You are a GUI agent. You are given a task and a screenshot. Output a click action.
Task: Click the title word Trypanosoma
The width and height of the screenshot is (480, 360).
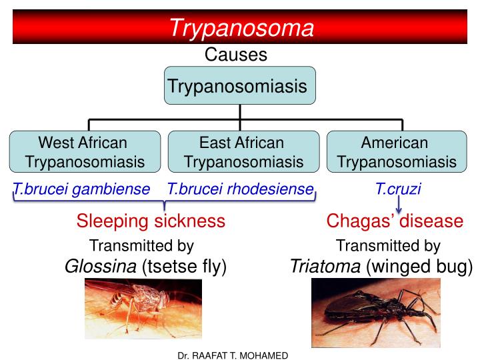tap(241, 28)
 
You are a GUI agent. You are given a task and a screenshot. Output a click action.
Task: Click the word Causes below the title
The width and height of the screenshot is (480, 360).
tap(236, 55)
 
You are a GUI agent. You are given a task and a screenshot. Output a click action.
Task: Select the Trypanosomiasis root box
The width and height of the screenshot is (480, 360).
tap(239, 86)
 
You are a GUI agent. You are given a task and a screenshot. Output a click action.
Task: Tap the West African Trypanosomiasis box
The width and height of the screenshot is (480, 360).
tap(85, 152)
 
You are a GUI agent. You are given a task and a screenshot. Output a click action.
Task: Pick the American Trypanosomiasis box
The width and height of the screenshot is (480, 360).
tap(397, 152)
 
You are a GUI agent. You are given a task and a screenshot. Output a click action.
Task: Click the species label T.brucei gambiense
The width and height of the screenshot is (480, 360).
tap(82, 189)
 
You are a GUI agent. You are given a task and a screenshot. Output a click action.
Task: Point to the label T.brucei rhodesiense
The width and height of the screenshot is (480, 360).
tap(241, 189)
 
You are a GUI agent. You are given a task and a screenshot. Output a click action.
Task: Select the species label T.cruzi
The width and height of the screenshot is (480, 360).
tap(399, 189)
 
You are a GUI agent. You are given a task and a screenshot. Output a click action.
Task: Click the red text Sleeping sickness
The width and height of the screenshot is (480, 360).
tap(151, 221)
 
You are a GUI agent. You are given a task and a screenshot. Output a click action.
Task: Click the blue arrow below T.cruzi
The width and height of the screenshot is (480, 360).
tap(399, 208)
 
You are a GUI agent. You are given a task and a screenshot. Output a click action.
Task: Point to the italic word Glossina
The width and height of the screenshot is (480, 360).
tap(101, 267)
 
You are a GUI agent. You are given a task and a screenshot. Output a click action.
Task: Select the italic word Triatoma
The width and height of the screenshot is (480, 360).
tap(325, 267)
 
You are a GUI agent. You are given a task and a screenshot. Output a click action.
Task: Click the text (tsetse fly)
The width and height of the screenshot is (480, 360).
tap(184, 267)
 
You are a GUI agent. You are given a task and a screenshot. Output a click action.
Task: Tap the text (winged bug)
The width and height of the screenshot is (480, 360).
tap(419, 267)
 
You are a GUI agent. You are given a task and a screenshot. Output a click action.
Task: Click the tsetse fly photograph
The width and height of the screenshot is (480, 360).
tap(143, 309)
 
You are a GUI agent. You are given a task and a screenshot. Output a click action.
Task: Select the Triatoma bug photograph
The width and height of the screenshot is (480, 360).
tap(375, 313)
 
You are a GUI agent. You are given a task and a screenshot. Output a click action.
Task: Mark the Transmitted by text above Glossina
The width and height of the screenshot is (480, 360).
tap(141, 246)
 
